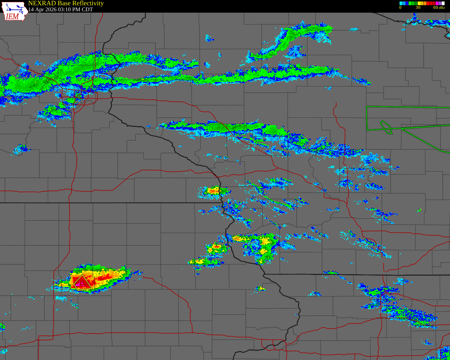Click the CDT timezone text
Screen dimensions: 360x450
(87, 10)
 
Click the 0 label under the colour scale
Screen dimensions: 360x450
(400, 8)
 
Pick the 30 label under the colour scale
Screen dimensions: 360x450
(418, 8)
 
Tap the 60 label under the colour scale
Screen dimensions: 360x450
(435, 8)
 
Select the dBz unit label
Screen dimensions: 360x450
(442, 8)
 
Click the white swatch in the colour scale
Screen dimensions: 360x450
(443, 3)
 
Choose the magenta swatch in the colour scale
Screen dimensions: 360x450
(437, 3)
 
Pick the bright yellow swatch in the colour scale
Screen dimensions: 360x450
(419, 3)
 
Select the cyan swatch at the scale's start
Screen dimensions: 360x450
(401, 3)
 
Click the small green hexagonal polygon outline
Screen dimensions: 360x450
(386, 127)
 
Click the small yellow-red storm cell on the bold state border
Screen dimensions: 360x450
(214, 191)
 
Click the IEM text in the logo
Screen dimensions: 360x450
(12, 17)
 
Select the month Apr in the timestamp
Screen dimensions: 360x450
(40, 10)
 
